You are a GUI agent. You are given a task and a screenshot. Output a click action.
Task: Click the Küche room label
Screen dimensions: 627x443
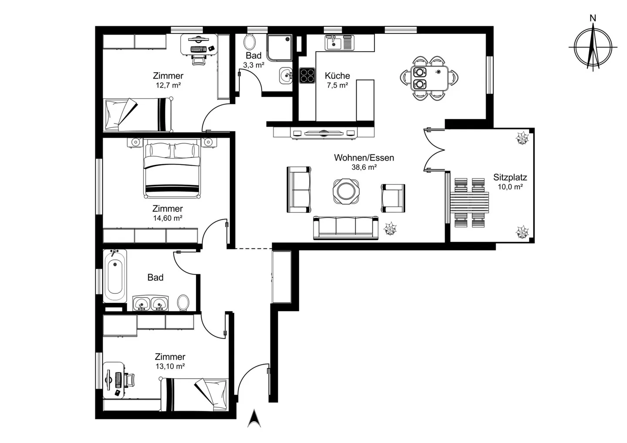click(x=337, y=76)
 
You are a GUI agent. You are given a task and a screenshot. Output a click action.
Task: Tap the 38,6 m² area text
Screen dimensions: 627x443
click(x=364, y=167)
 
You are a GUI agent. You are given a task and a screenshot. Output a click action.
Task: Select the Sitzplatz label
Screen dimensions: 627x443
click(x=510, y=177)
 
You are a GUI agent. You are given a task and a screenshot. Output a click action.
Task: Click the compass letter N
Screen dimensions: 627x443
click(x=593, y=18)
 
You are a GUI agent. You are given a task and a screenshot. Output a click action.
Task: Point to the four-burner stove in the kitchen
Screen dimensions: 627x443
click(x=307, y=76)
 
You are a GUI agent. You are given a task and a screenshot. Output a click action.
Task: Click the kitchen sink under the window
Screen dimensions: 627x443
click(x=333, y=43)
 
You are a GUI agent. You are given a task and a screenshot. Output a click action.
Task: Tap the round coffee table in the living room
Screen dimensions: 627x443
click(x=346, y=191)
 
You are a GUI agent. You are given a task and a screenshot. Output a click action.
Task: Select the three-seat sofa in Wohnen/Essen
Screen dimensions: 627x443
click(x=346, y=228)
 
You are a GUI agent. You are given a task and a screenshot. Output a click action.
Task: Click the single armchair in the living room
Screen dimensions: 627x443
click(x=393, y=198)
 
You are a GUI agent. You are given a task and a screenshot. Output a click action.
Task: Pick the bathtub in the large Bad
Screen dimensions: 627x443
click(x=115, y=276)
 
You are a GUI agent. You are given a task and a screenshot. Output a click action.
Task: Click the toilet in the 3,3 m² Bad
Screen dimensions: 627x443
click(x=249, y=42)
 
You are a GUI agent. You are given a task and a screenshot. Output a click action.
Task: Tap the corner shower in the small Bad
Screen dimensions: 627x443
click(x=279, y=48)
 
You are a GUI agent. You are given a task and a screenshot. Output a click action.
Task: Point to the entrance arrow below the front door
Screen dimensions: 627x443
click(x=254, y=419)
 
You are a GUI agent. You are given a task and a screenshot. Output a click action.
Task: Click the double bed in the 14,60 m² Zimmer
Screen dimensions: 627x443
click(x=172, y=168)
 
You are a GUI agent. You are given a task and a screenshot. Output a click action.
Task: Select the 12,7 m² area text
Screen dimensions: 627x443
click(x=168, y=85)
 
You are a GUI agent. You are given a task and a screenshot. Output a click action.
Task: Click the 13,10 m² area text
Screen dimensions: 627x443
click(x=170, y=366)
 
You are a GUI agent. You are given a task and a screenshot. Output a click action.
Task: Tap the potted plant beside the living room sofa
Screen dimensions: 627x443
click(x=390, y=228)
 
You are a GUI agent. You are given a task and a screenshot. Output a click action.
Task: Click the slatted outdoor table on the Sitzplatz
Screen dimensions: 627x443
click(x=469, y=202)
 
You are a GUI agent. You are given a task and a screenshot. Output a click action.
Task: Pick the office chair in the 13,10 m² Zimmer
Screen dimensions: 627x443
click(x=129, y=380)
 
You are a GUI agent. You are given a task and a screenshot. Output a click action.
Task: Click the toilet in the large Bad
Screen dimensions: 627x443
click(x=183, y=302)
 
